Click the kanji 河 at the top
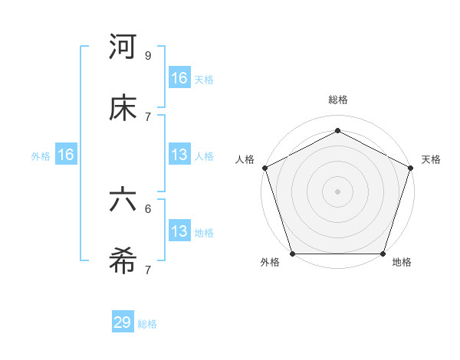pyautogui.click(x=123, y=47)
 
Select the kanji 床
pyautogui.click(x=123, y=107)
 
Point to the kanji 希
pyautogui.click(x=123, y=260)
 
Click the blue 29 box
pyautogui.click(x=123, y=322)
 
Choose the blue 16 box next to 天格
pyautogui.click(x=179, y=78)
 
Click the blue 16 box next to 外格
pyautogui.click(x=66, y=155)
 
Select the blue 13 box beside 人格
pyautogui.click(x=179, y=155)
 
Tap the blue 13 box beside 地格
pyautogui.click(x=179, y=231)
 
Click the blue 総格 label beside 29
pyautogui.click(x=147, y=324)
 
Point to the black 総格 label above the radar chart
pyautogui.click(x=337, y=100)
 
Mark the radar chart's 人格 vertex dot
pyautogui.click(x=264, y=167)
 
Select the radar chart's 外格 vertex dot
pyautogui.click(x=292, y=254)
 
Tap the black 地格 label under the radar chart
pyautogui.click(x=402, y=263)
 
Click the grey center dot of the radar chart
pyautogui.click(x=337, y=191)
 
